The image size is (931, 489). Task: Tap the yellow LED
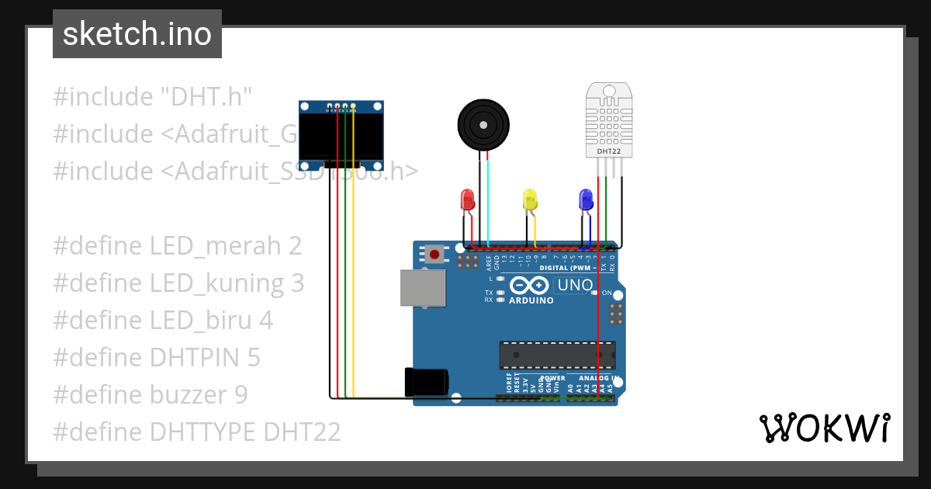pyautogui.click(x=530, y=199)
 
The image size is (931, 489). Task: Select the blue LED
pyautogui.click(x=586, y=199)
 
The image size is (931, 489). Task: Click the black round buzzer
pyautogui.click(x=483, y=123)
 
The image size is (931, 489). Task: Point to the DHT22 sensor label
pyautogui.click(x=609, y=151)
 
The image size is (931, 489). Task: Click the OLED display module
pyautogui.click(x=341, y=136)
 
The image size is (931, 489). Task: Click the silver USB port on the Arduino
pyautogui.click(x=423, y=288)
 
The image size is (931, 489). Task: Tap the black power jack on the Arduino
pyautogui.click(x=426, y=381)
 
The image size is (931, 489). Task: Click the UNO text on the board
pyautogui.click(x=575, y=286)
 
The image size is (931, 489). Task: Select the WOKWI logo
pyautogui.click(x=824, y=428)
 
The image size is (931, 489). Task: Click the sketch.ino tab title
pyautogui.click(x=137, y=34)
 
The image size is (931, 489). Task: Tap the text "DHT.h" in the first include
pyautogui.click(x=206, y=97)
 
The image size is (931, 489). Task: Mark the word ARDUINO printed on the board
pyautogui.click(x=531, y=300)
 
